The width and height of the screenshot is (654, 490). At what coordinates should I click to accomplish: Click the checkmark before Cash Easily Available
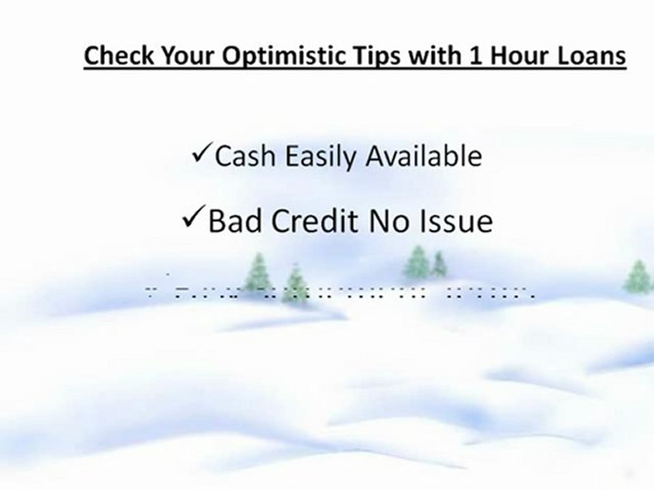pos(202,155)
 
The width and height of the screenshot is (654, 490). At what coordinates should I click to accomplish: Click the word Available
pos(424,157)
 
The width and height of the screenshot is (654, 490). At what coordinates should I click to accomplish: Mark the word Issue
pos(458,222)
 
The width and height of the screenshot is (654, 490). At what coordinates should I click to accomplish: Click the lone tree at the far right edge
pos(637,277)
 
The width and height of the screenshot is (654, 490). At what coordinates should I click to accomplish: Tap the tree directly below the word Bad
pos(258,272)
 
